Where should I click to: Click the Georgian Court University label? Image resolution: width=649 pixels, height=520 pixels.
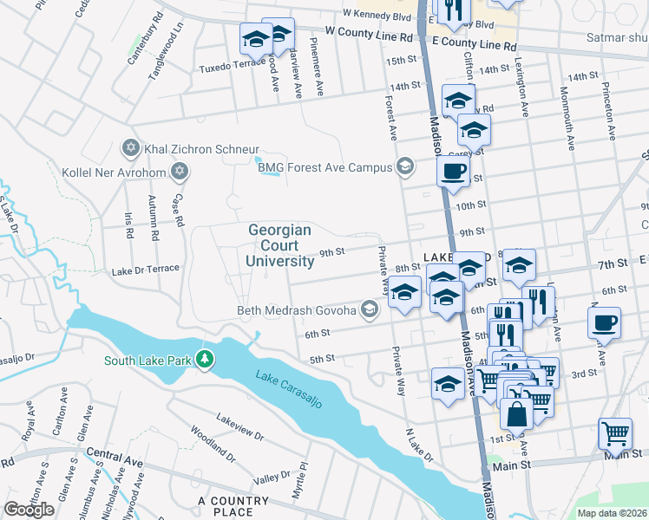[279, 245]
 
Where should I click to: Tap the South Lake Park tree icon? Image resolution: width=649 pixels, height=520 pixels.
[204, 358]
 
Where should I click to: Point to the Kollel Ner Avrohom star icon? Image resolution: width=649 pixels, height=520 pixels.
[179, 170]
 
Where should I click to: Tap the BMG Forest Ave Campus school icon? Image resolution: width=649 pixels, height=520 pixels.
[404, 166]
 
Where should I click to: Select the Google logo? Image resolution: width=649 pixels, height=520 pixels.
[29, 510]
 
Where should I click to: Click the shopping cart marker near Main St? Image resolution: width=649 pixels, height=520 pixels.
[615, 432]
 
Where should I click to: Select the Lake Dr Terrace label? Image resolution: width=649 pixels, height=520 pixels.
[145, 270]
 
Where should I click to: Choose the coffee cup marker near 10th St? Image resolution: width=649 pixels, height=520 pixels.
[452, 172]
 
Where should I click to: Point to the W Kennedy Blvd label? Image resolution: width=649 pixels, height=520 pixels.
[376, 14]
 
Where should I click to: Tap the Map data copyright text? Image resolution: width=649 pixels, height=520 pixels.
[612, 512]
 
